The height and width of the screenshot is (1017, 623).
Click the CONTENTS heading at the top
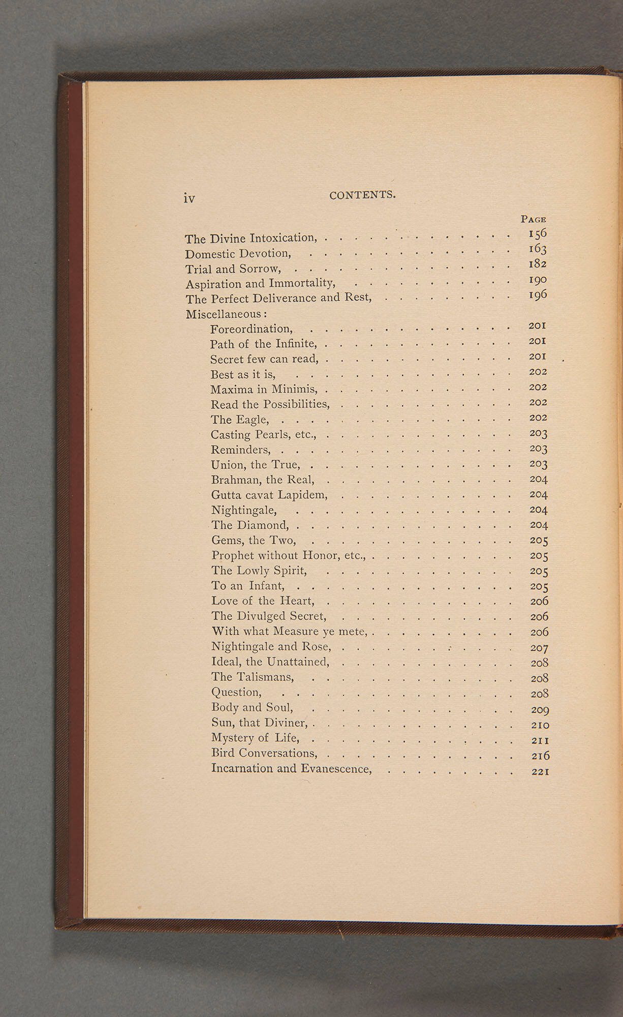pyautogui.click(x=362, y=195)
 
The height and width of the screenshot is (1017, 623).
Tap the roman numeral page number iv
pyautogui.click(x=189, y=198)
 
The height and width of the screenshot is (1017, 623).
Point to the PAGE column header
pyautogui.click(x=533, y=219)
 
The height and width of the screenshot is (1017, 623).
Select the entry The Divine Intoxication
pyautogui.click(x=251, y=238)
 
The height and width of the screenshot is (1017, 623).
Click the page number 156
pyautogui.click(x=537, y=233)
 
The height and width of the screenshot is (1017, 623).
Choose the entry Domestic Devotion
pyautogui.click(x=238, y=253)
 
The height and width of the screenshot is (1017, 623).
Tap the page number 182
pyautogui.click(x=538, y=264)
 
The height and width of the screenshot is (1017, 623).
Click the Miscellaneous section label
pyautogui.click(x=226, y=314)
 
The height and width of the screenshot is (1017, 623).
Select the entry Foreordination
pyautogui.click(x=252, y=329)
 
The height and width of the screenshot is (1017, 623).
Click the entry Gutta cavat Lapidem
pyautogui.click(x=269, y=495)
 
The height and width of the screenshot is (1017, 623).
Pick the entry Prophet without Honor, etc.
pyautogui.click(x=289, y=555)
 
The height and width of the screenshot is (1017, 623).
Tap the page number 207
pyautogui.click(x=539, y=648)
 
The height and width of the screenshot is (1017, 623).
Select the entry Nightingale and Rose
pyautogui.click(x=271, y=647)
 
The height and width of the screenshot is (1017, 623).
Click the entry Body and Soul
pyautogui.click(x=252, y=707)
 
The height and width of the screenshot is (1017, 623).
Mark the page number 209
pyautogui.click(x=540, y=709)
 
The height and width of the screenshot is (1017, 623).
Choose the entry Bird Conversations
pyautogui.click(x=264, y=753)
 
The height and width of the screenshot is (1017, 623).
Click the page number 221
pyautogui.click(x=540, y=771)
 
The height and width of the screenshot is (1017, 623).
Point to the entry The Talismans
pyautogui.click(x=253, y=677)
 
